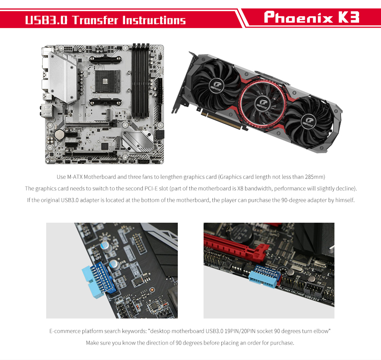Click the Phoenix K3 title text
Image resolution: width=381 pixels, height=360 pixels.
(311, 17)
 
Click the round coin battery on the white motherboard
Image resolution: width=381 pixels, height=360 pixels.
(59, 134)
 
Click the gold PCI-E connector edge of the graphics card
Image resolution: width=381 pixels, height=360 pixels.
(224, 122)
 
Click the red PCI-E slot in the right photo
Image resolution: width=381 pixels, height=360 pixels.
(234, 249)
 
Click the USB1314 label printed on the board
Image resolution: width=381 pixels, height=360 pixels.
(312, 298)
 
